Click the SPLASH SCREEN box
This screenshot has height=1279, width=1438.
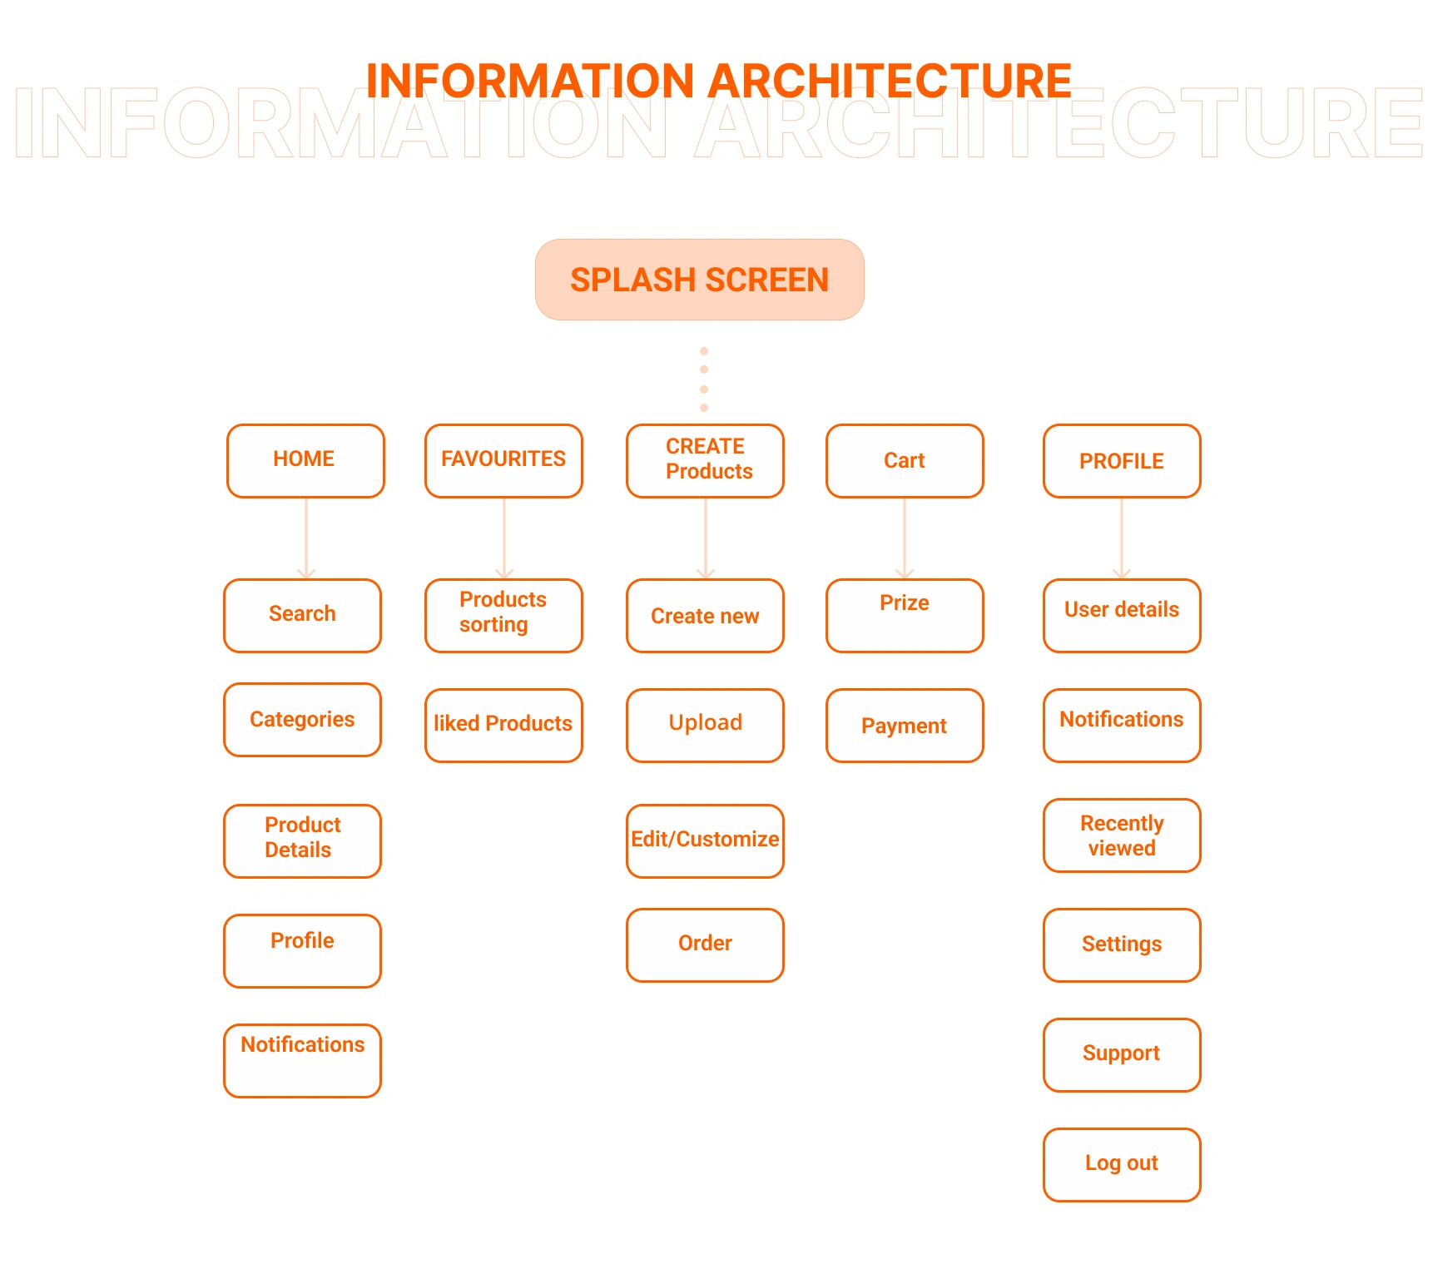700,280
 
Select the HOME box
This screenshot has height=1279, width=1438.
305,461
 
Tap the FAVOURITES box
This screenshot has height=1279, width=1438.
503,461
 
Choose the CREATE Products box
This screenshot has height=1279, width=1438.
705,461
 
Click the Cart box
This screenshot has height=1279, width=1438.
905,461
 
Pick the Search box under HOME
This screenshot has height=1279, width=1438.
302,616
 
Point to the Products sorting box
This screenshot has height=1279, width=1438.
503,616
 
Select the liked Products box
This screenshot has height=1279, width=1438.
503,726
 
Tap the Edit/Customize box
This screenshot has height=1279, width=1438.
705,841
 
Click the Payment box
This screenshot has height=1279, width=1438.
905,726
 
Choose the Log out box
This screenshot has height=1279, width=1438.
1122,1165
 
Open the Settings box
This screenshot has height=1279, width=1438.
1122,945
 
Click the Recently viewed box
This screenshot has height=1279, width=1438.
1122,835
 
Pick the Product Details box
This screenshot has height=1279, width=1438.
302,841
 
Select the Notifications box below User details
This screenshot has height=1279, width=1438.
1122,726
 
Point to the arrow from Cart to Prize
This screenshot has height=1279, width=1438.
905,538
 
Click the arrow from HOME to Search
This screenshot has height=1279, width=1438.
306,538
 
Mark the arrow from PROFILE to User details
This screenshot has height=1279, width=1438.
1122,538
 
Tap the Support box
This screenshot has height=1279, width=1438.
1122,1055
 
